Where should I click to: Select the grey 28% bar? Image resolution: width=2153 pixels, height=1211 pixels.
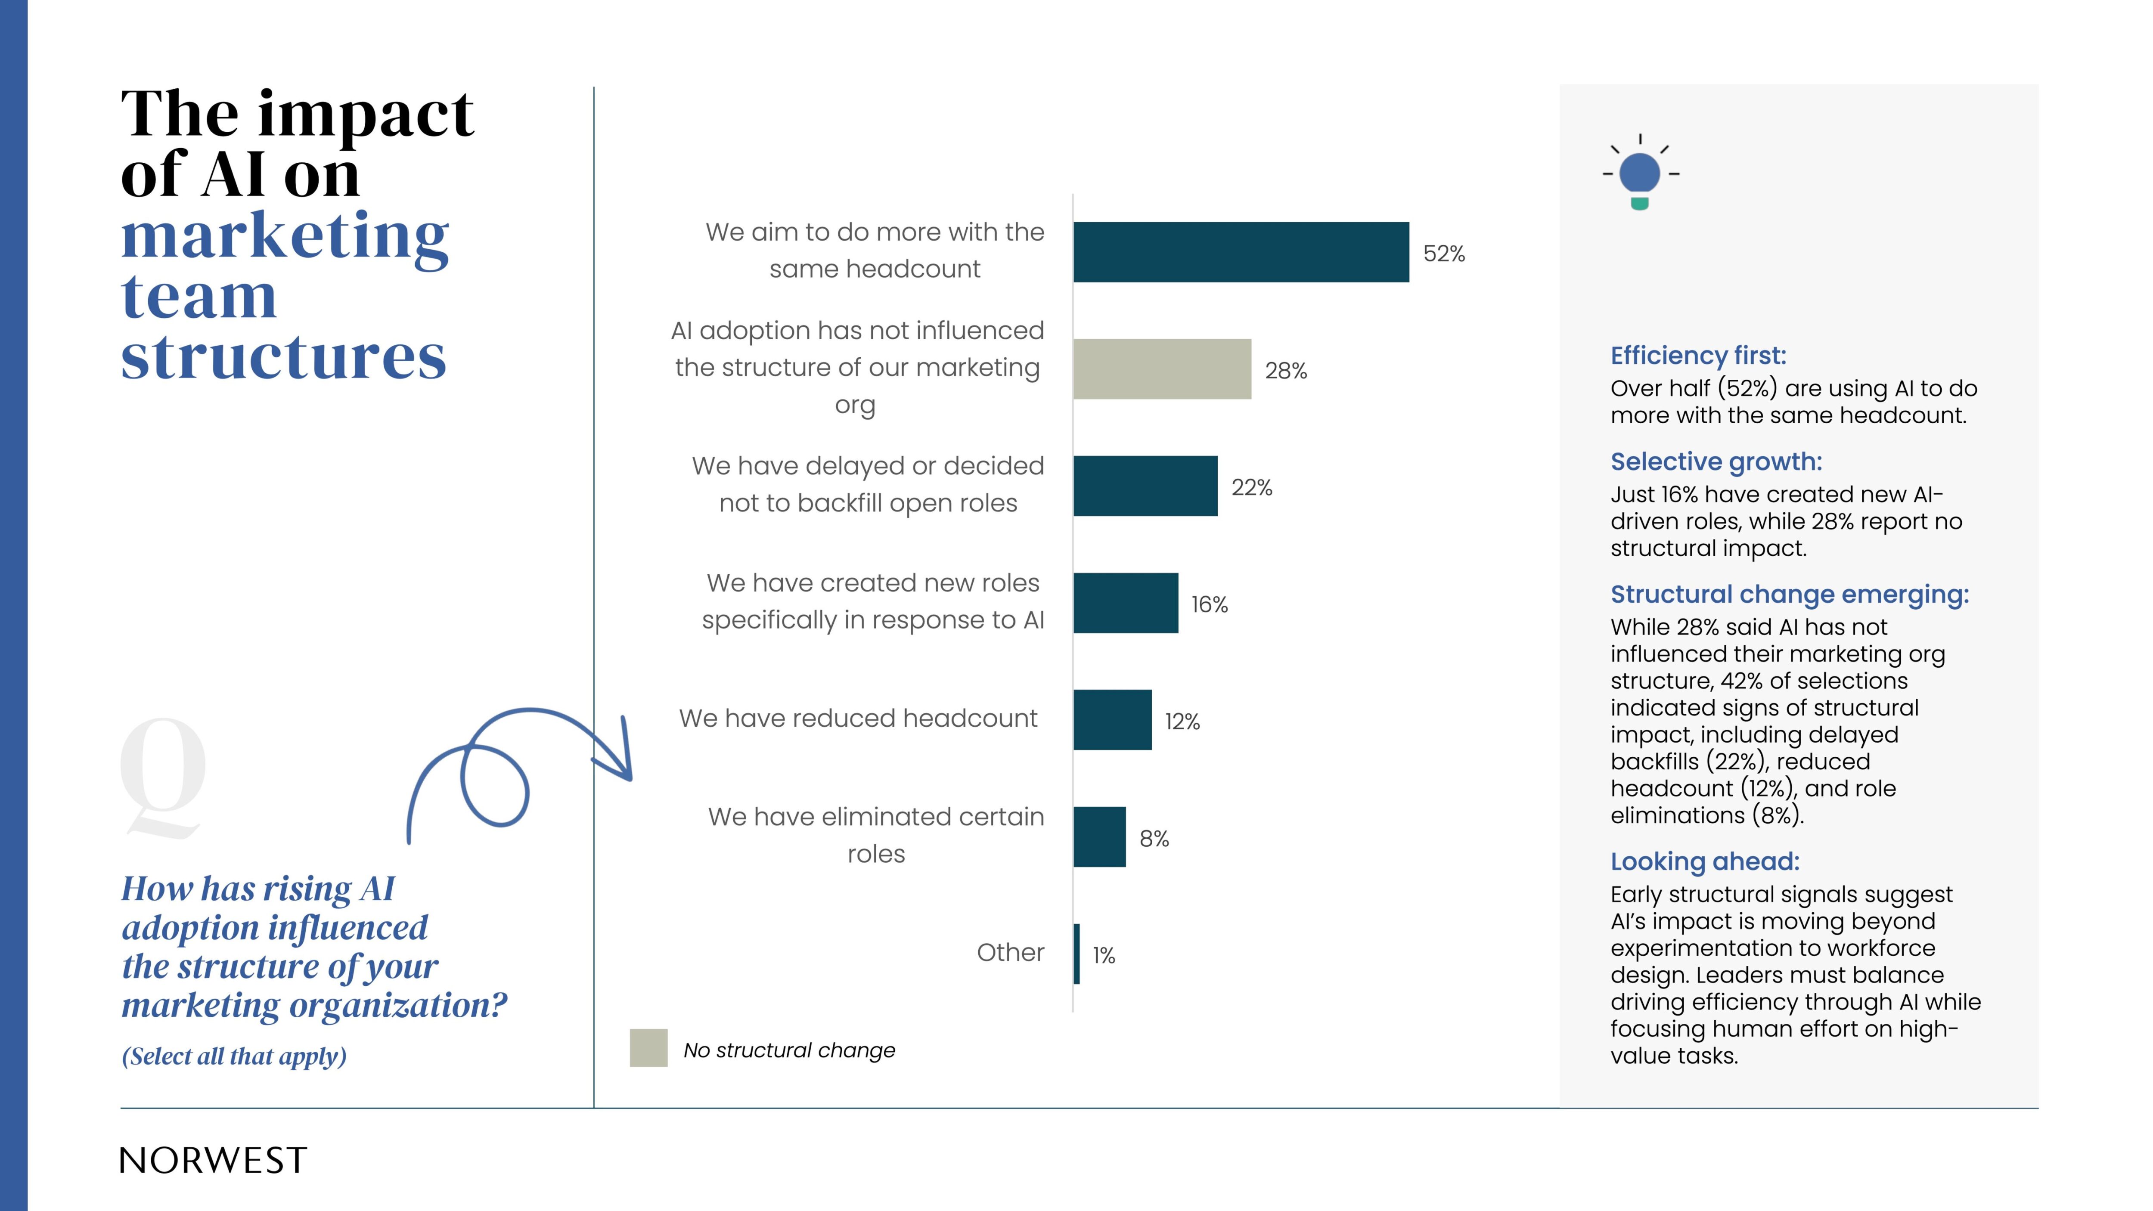click(1162, 369)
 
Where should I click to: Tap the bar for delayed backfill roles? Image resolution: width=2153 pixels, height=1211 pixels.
click(1145, 486)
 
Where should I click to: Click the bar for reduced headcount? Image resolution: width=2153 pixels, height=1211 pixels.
click(1112, 720)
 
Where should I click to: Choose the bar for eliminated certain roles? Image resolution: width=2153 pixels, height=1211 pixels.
click(1099, 837)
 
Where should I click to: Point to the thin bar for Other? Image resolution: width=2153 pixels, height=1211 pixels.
click(1076, 954)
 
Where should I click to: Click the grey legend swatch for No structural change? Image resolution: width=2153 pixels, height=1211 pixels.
click(648, 1048)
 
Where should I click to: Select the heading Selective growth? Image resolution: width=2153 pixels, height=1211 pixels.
click(1716, 462)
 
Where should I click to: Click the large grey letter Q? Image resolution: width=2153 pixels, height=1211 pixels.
click(163, 777)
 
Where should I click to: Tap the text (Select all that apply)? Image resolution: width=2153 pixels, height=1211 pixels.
click(234, 1056)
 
